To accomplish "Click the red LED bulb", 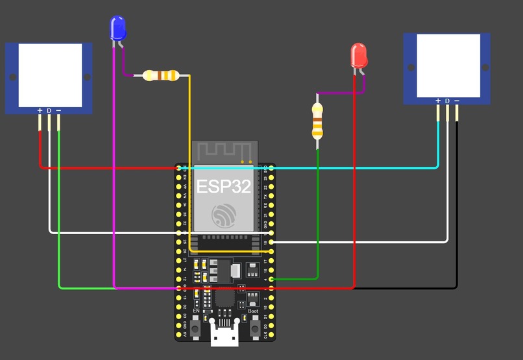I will coord(359,56).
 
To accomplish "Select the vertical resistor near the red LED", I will coord(317,121).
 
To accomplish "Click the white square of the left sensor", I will coord(50,75).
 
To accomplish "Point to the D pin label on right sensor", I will coord(447,101).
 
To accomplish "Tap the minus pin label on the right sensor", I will coord(457,101).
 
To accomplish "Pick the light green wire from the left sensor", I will coord(59,214).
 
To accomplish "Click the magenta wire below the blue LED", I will coord(114,195).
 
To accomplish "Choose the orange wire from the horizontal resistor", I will coord(190,162).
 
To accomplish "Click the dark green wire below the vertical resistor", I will coord(317,214).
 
